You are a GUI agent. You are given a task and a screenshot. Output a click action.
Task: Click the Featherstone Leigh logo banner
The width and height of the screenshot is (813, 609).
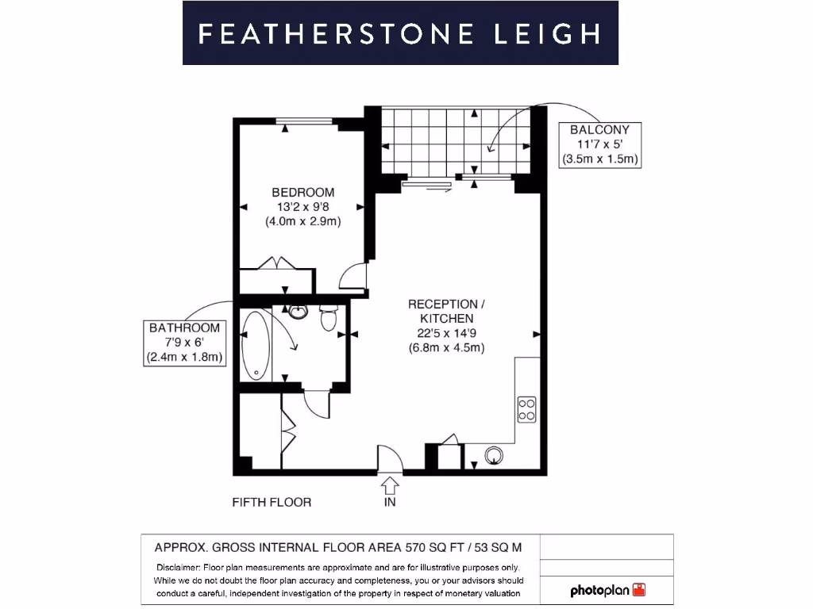[x=400, y=33]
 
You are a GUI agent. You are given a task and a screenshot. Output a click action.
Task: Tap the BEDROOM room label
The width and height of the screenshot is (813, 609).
[x=302, y=192]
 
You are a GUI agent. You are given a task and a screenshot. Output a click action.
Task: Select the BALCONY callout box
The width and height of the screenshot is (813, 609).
[x=599, y=144]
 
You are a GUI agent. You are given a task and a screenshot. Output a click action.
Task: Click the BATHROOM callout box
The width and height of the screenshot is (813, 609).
[x=184, y=343]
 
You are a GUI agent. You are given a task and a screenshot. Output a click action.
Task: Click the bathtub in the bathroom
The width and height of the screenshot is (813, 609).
[x=256, y=346]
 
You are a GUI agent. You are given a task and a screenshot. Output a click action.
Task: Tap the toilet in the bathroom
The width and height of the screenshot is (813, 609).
[x=329, y=319]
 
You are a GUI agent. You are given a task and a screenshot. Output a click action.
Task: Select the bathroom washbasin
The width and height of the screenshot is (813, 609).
[x=299, y=312]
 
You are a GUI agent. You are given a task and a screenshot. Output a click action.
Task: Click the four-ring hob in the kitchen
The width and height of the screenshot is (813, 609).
[x=526, y=408]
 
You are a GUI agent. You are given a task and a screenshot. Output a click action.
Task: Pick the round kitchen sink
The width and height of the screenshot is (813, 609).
[x=495, y=455]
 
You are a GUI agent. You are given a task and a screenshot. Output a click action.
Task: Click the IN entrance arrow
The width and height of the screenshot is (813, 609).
[x=390, y=485]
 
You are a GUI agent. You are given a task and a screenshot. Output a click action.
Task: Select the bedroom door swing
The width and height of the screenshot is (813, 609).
[x=352, y=276]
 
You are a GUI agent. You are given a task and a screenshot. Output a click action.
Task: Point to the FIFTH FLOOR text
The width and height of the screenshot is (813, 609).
[x=272, y=502]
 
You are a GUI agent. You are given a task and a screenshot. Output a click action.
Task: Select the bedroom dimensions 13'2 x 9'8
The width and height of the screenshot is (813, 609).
[x=302, y=207]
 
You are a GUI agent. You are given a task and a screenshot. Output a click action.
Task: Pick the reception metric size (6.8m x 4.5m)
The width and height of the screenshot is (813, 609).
[x=445, y=347]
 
